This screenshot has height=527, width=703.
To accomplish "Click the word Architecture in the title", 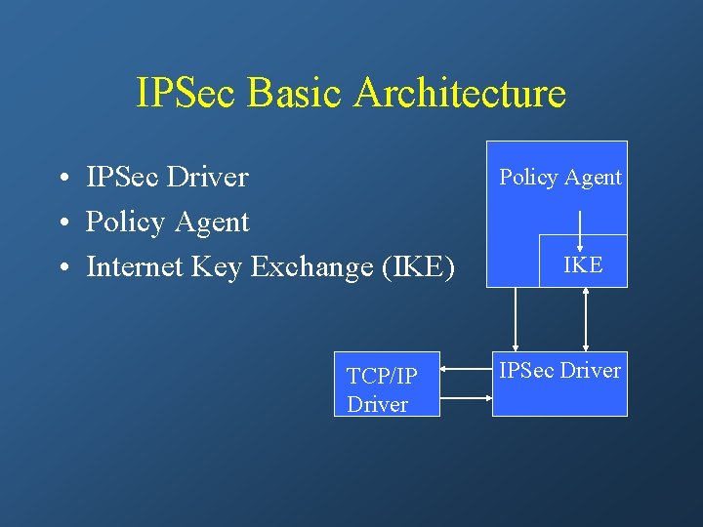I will click(x=460, y=94).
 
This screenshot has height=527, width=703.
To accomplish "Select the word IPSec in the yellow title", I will click(x=188, y=94).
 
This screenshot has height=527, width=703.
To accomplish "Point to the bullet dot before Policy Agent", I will click(x=62, y=223).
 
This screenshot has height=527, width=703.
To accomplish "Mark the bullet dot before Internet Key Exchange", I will click(x=62, y=268).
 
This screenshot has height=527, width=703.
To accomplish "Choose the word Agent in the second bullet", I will click(x=212, y=223).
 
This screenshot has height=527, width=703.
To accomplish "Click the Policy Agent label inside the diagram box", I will click(x=560, y=177).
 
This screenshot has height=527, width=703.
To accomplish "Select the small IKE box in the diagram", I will click(x=583, y=263).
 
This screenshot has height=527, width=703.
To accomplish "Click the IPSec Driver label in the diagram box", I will click(x=559, y=370).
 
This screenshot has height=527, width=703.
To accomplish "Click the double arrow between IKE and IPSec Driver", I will click(x=585, y=319).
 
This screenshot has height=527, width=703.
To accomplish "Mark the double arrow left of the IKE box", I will click(x=516, y=319).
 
